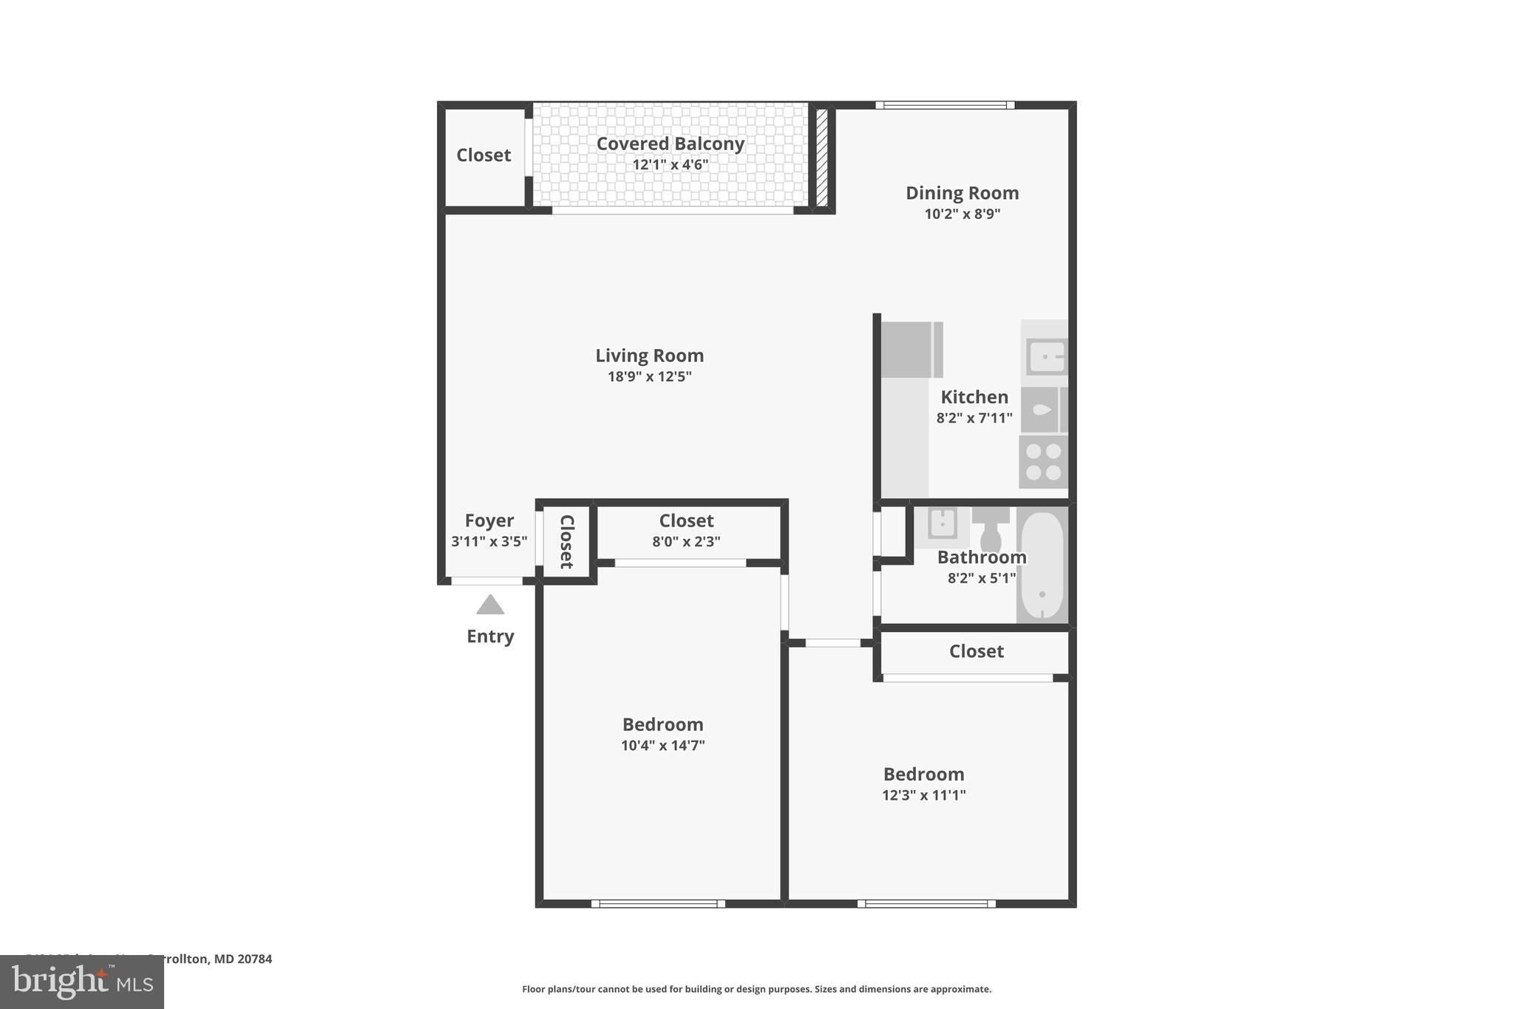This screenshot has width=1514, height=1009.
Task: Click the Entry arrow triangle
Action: coord(490,605)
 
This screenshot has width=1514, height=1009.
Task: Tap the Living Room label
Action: coord(649,356)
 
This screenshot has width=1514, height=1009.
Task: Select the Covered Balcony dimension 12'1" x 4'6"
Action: coord(670,164)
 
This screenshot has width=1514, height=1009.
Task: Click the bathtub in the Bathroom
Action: coord(1042,565)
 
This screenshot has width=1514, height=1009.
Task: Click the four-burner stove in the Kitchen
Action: coord(1043,462)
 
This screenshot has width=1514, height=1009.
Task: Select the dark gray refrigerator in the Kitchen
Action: coord(911,350)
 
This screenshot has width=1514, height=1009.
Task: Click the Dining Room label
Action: coord(962,193)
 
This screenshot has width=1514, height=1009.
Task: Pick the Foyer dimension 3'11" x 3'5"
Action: coord(489,541)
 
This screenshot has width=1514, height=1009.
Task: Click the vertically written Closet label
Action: coord(566,542)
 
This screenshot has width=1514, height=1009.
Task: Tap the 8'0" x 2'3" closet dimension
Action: coord(686,541)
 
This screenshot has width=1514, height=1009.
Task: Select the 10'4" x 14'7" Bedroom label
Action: coord(662,724)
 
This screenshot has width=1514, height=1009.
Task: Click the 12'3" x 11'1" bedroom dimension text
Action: coord(923,795)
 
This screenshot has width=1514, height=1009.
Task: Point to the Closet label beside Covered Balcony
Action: coord(483,155)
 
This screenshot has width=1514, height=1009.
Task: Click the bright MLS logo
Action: coord(82,982)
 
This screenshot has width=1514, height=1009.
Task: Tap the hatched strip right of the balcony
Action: coord(821,157)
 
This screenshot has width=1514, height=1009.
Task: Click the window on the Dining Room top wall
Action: coord(945,105)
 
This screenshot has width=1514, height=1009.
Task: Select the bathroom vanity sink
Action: coord(943,523)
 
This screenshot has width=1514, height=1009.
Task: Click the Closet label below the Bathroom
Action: coord(976,651)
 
